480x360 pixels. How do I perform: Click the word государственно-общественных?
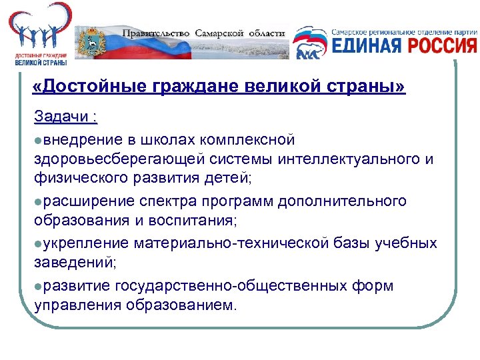click(x=231, y=285)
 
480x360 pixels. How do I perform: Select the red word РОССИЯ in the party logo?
click(x=442, y=45)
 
